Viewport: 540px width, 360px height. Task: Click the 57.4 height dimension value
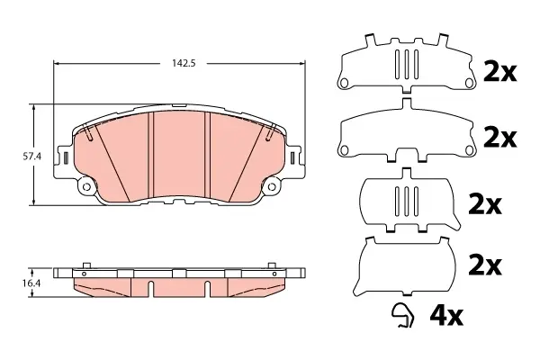32,157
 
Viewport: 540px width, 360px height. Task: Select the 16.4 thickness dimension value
32,283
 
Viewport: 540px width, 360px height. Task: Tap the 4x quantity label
446,316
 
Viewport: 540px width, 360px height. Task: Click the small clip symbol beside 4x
403,315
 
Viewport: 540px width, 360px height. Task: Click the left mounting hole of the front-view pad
86,186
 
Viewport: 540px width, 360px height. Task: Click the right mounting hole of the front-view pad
272,186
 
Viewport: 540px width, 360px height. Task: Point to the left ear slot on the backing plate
66,157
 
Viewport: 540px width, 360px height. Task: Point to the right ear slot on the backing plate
292,157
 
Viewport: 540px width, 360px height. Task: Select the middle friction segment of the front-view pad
179,155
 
